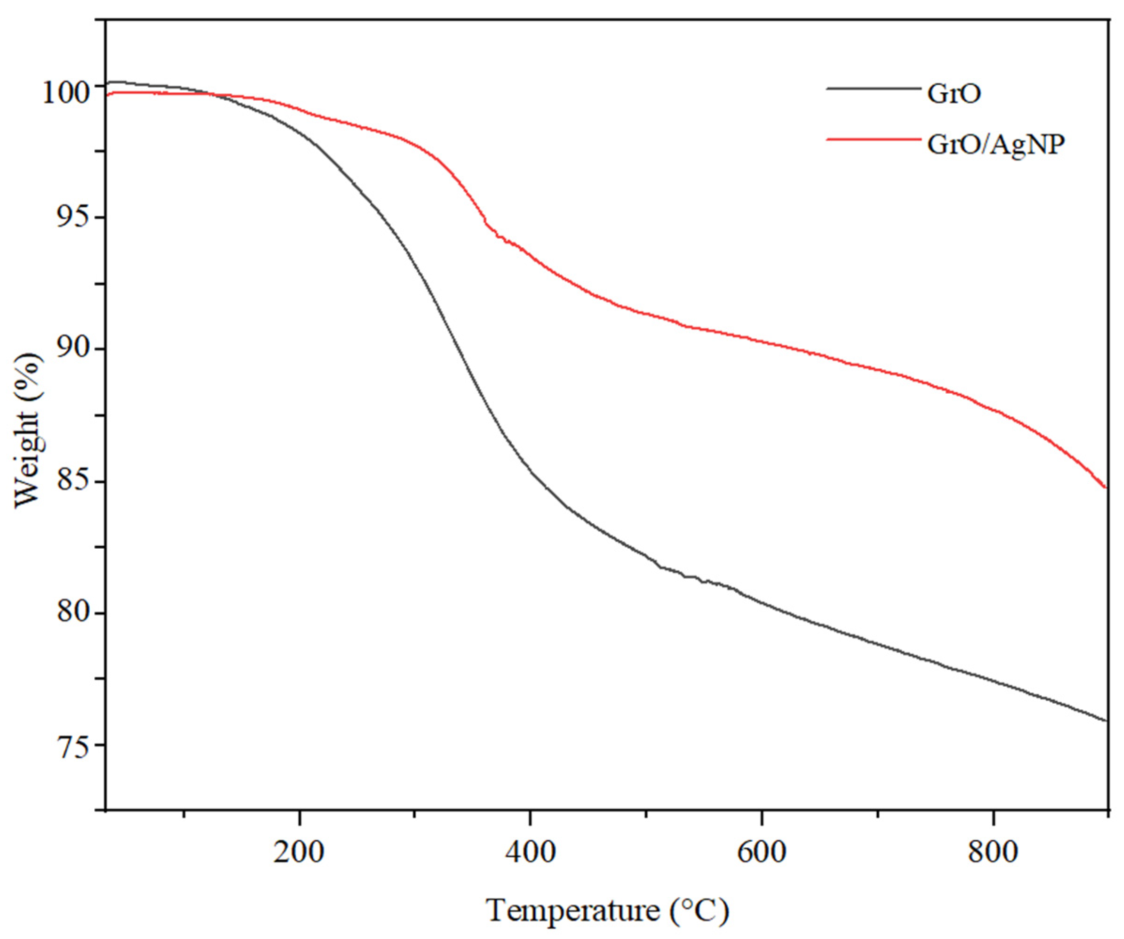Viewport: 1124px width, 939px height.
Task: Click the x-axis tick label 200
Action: [x=299, y=853]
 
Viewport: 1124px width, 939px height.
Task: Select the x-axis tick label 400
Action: [x=530, y=853]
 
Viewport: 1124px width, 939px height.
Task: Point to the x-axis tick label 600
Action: [x=761, y=853]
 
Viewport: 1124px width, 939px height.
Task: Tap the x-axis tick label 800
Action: [x=992, y=853]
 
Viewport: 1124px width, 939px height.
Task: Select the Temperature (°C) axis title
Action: [x=608, y=911]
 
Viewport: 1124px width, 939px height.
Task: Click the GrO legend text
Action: [x=954, y=94]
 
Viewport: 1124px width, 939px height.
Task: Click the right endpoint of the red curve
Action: [x=1105, y=487]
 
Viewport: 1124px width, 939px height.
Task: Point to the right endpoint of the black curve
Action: [x=1105, y=721]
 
